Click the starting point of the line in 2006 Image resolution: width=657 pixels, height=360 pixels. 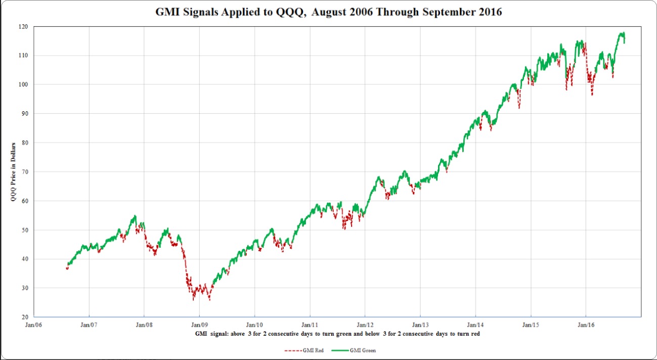click(67, 268)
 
